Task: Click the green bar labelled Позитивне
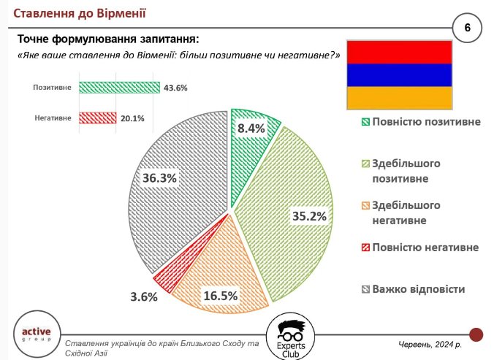[119, 88]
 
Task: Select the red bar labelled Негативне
[98, 118]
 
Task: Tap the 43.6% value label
[175, 88]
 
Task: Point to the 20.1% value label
[132, 118]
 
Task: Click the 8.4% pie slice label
[251, 129]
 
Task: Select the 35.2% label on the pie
[309, 216]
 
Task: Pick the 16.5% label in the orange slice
[221, 296]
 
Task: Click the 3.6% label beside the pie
[144, 296]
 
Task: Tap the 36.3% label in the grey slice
[159, 178]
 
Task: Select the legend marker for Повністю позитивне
[365, 122]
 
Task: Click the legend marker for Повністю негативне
[365, 248]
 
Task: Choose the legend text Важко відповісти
[419, 289]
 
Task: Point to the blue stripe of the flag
[400, 75]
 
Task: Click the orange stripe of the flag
[400, 98]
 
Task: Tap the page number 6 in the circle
[467, 28]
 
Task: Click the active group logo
[37, 334]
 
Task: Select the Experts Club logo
[290, 337]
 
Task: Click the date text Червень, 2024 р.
[430, 345]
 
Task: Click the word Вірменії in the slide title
[121, 13]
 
